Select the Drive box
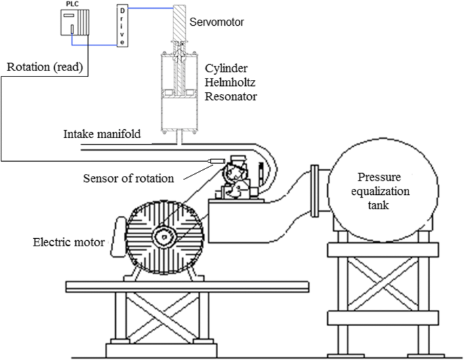coord(121,26)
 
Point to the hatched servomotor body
coord(184,23)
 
